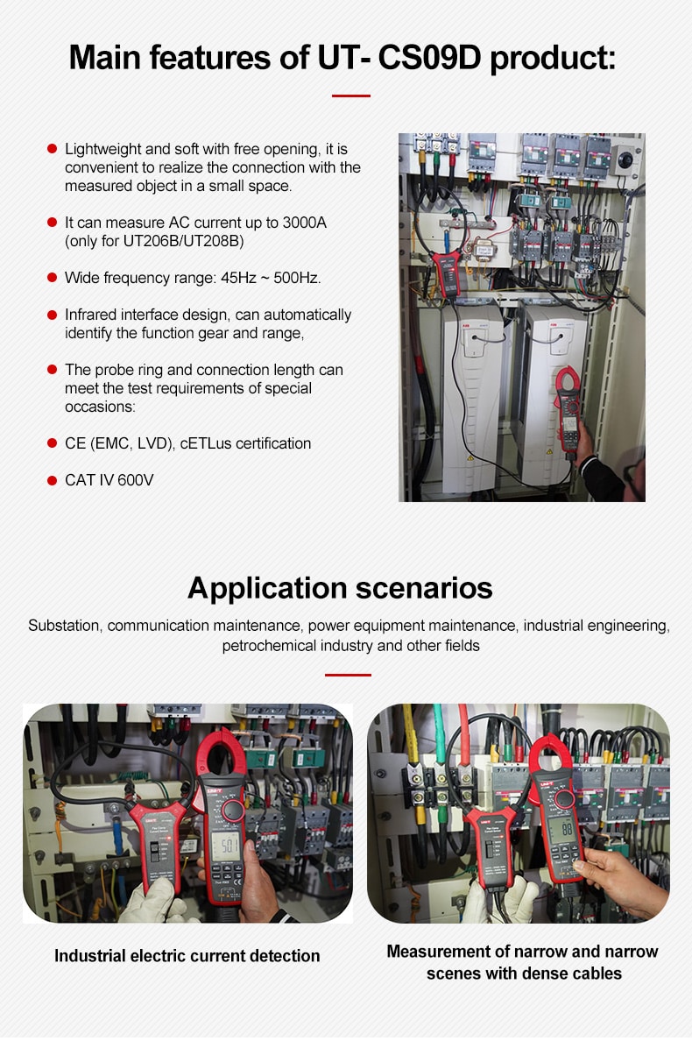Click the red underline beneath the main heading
click(350, 96)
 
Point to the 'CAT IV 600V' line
click(109, 480)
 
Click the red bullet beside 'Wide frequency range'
click(52, 278)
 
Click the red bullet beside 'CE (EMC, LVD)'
click(52, 443)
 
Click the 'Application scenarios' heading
click(340, 587)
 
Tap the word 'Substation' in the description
click(65, 626)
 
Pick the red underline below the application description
click(348, 675)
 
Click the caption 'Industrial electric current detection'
click(187, 956)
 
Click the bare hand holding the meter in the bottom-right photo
click(623, 872)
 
